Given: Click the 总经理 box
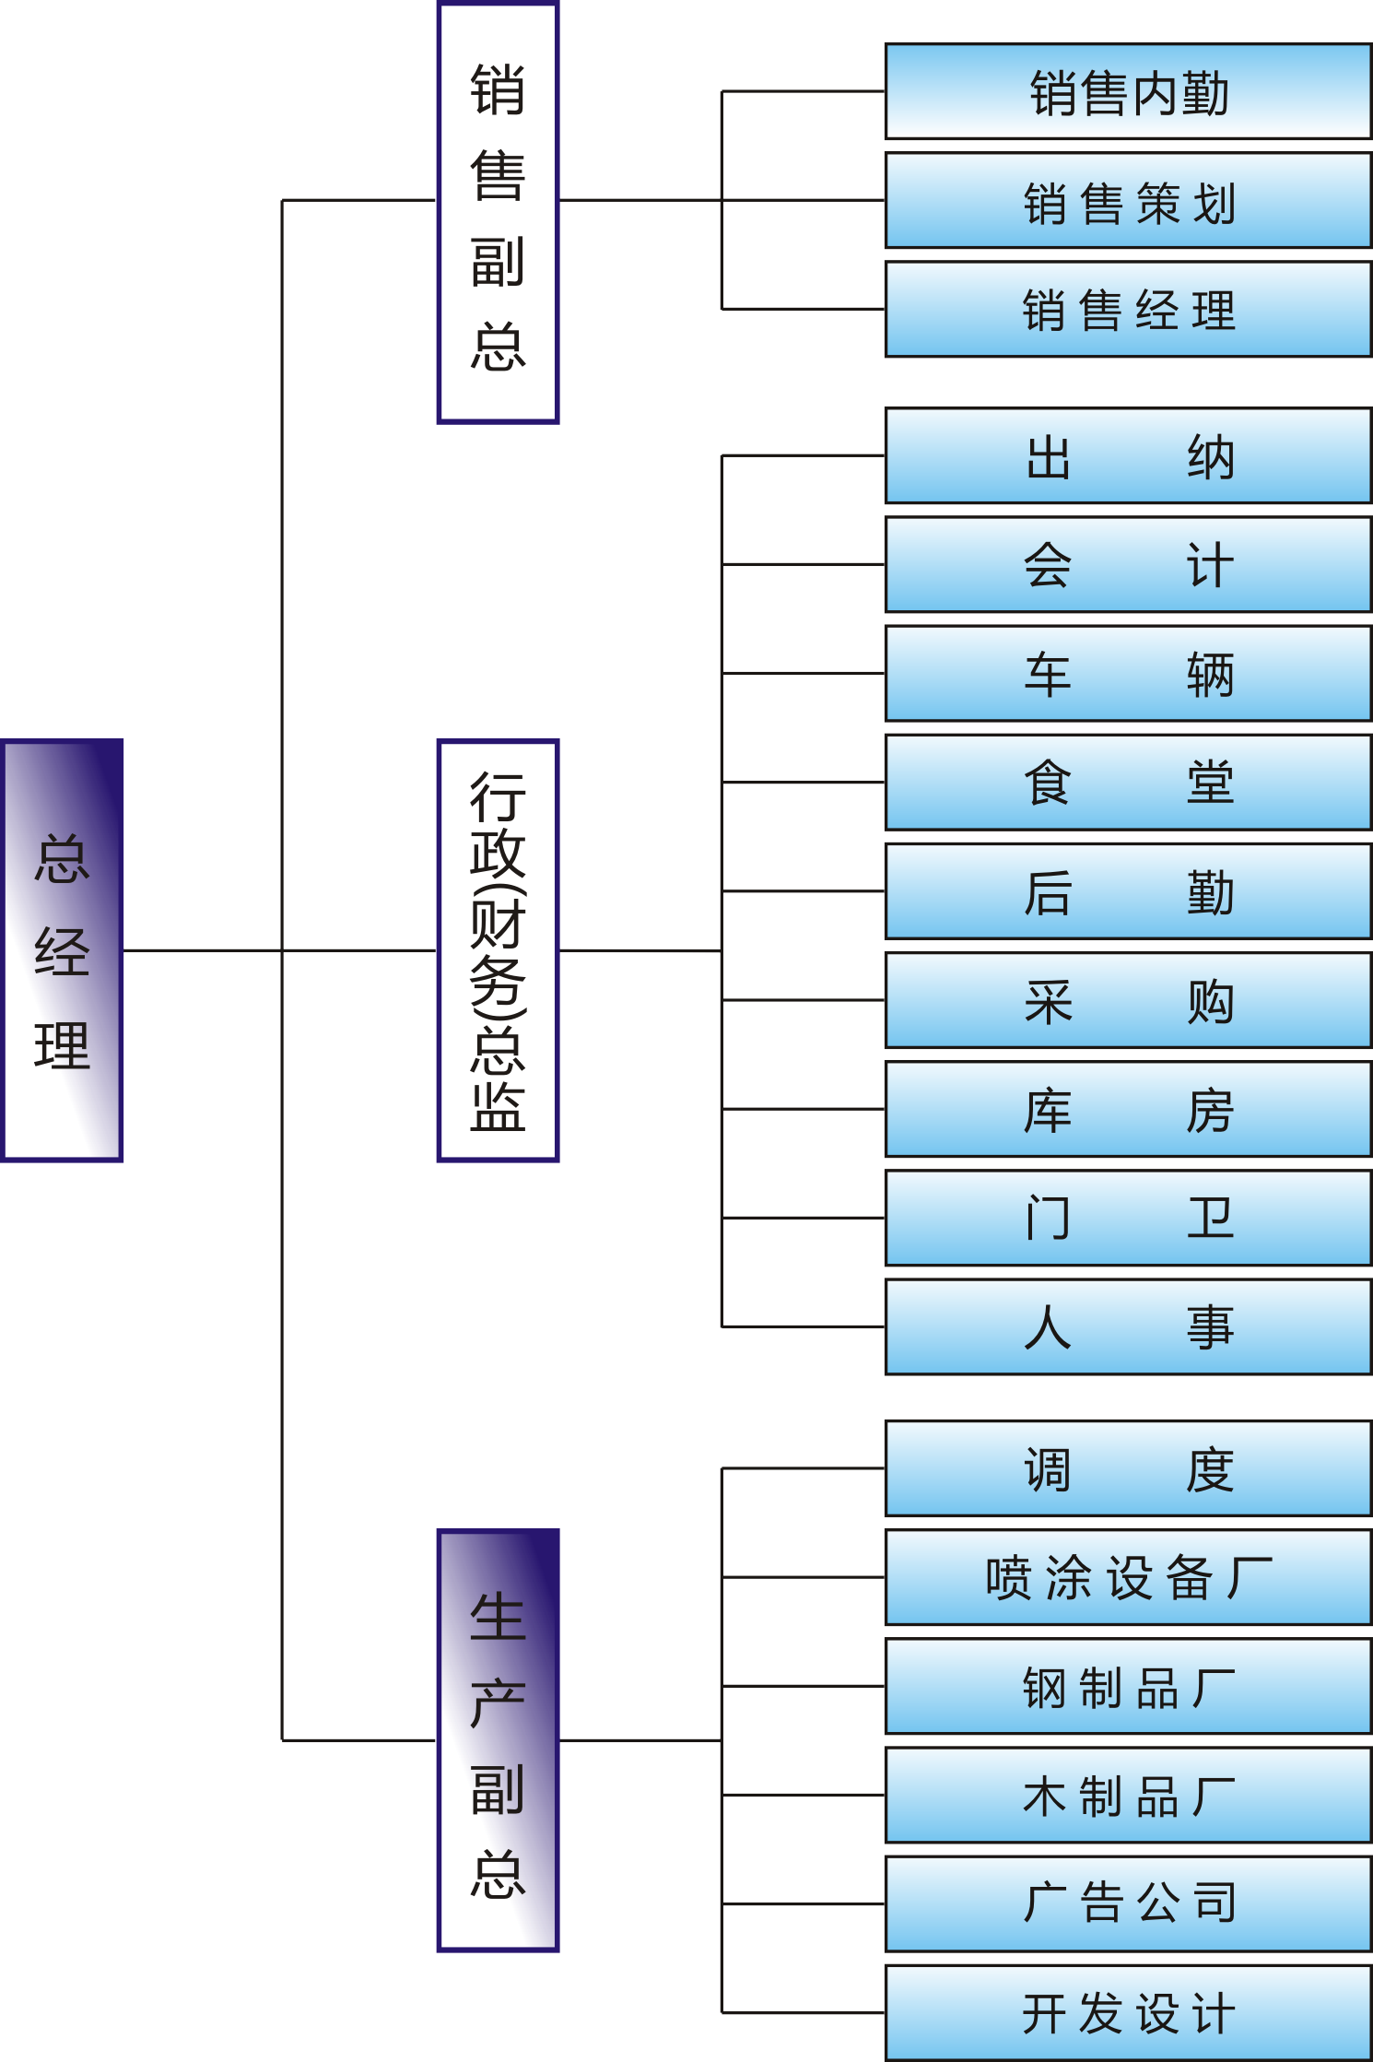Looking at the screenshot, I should (x=62, y=949).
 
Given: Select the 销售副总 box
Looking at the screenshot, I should (x=498, y=213).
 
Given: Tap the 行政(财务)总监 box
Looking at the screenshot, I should (x=498, y=949).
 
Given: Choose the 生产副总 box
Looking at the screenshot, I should (x=498, y=1739).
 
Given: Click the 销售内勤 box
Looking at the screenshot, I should (x=1128, y=91).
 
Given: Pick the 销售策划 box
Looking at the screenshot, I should (x=1128, y=200).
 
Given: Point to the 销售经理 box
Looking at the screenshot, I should (x=1128, y=309).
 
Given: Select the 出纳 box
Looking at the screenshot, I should (x=1128, y=455).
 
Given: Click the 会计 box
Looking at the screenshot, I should (x=1128, y=564).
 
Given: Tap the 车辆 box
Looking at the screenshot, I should (x=1128, y=673).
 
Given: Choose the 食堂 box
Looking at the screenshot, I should (x=1128, y=782).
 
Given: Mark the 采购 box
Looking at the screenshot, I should (x=1128, y=1000).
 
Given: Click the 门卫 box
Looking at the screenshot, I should (x=1128, y=1218).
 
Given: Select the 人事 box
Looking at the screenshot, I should (x=1128, y=1326).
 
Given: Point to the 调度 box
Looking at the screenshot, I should (x=1128, y=1468).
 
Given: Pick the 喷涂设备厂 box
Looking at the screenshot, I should (x=1128, y=1577).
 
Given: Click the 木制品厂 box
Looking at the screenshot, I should (x=1128, y=1795).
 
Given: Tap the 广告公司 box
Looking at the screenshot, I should (x=1128, y=1903).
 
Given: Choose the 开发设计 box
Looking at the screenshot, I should (x=1128, y=2012).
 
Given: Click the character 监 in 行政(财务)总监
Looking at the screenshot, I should (x=498, y=1106).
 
